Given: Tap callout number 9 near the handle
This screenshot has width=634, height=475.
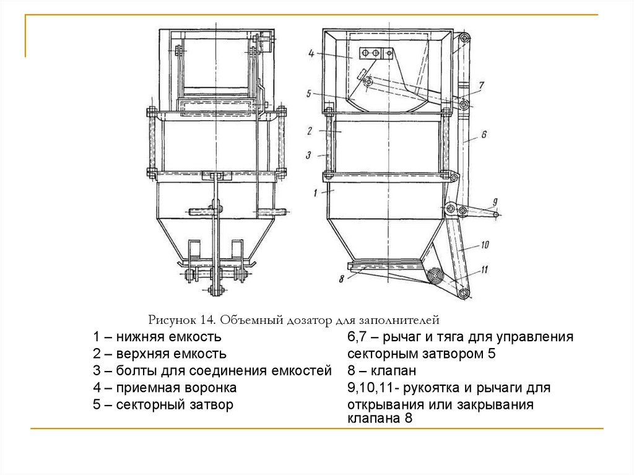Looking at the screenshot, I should tap(495, 202).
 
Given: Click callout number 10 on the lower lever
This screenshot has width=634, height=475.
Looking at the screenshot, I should tap(485, 245).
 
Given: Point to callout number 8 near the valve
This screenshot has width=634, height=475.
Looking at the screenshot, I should tap(342, 279).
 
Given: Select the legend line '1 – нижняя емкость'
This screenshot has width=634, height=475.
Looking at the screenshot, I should tap(157, 338).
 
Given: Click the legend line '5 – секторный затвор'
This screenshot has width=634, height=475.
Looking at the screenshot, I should tap(163, 406).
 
